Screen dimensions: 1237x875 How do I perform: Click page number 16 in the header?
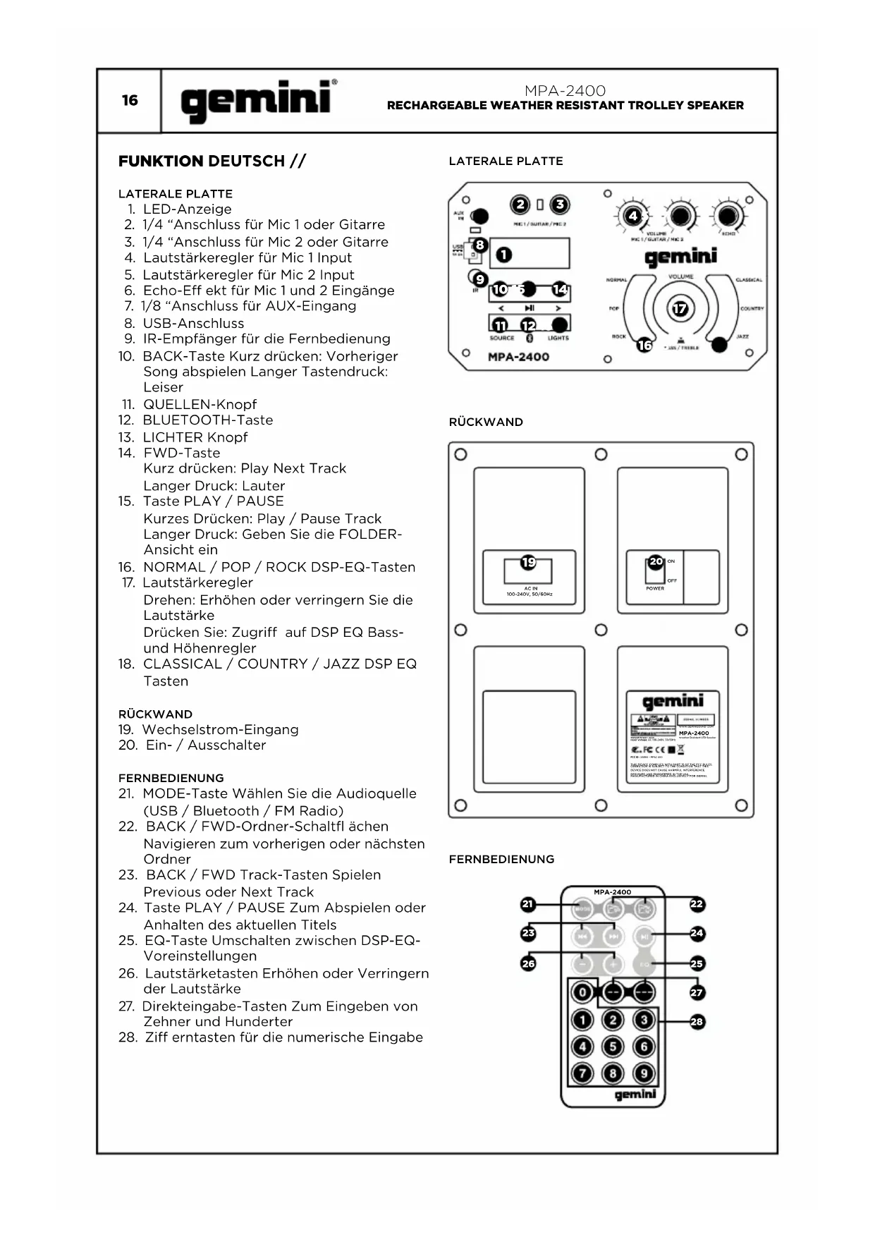[130, 100]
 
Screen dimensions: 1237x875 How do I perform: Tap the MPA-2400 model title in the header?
[565, 91]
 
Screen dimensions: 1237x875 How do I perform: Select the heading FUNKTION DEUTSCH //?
[212, 161]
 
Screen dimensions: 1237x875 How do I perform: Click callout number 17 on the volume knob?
[680, 309]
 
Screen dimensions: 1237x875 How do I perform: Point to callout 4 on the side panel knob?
[633, 216]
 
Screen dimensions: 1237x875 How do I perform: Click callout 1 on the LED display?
[504, 255]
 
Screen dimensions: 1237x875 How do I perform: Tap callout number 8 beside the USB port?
[480, 245]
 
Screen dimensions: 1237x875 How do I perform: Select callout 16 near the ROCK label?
[644, 345]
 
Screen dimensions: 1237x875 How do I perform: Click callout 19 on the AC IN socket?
[528, 562]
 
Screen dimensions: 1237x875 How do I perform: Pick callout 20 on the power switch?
[656, 561]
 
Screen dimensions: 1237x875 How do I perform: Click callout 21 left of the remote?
[528, 904]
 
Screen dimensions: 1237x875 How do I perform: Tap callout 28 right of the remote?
[697, 1021]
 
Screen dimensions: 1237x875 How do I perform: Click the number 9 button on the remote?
[644, 1073]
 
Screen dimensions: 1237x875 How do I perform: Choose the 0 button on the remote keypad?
[582, 992]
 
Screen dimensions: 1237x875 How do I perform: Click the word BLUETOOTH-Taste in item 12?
[208, 420]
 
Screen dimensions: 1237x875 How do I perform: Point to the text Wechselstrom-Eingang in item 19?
[220, 730]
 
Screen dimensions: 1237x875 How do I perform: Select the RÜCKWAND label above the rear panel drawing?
[486, 422]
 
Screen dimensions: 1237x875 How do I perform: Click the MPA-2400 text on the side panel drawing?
[518, 357]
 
